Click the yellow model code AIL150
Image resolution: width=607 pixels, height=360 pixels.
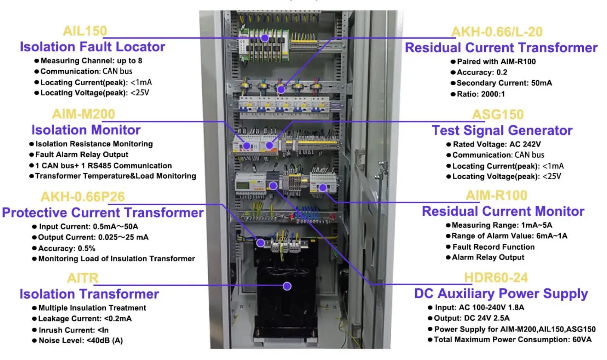(85, 31)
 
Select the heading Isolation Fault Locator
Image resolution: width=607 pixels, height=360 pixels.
(92, 47)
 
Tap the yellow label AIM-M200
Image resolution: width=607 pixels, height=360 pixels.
(83, 114)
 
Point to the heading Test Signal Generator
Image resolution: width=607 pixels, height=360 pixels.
(502, 130)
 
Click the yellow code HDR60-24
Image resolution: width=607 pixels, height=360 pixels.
(496, 278)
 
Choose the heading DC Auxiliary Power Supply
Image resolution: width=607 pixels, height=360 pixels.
(501, 294)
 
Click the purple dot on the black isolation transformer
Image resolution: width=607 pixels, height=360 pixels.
(287, 286)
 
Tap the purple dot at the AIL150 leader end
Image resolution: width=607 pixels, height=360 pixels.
(265, 38)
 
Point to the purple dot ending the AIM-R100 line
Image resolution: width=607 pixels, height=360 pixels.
(323, 188)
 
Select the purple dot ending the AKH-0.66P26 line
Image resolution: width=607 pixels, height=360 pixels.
(260, 243)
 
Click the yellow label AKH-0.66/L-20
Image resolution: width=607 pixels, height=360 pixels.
(497, 32)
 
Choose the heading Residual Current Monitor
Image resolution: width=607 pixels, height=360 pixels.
(503, 211)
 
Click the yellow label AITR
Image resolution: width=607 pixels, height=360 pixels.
(83, 278)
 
